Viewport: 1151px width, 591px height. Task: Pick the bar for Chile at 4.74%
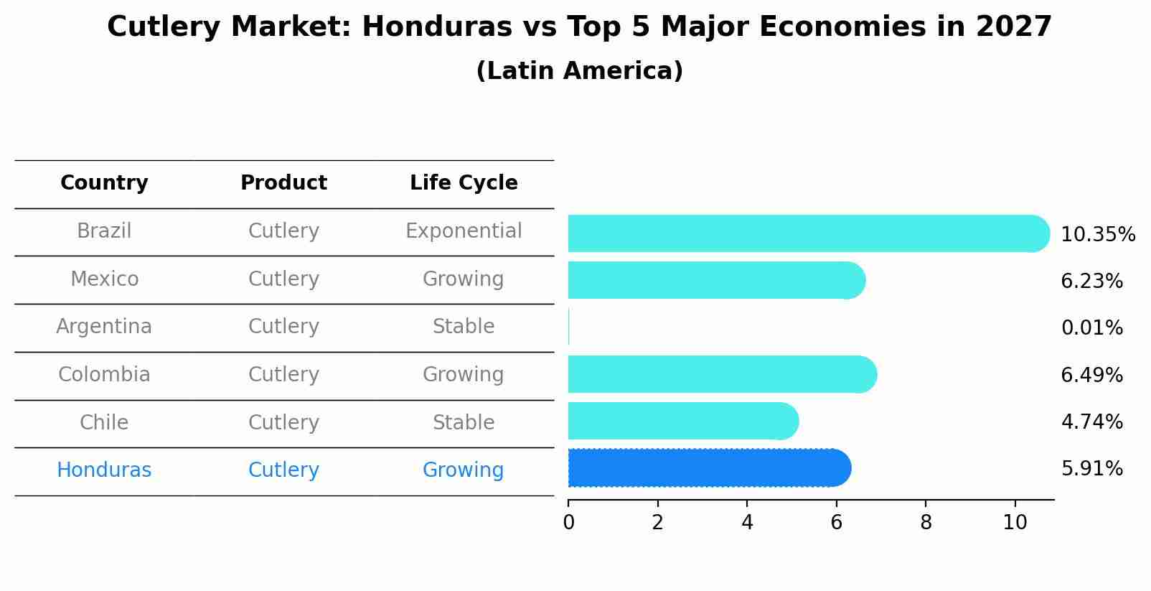682,421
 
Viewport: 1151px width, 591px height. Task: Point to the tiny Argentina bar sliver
569,327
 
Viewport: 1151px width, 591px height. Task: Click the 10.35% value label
1097,235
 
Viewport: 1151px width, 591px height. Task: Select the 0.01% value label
1091,328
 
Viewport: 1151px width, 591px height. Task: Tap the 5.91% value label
1091,469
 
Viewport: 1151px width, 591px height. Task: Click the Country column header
104,183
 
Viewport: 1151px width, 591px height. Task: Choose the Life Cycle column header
464,183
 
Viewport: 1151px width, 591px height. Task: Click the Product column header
283,183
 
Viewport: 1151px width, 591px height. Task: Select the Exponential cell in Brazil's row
464,231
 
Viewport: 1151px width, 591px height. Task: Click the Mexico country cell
104,279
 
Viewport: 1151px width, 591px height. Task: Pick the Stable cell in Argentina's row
464,327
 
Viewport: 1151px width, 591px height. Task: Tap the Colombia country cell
104,375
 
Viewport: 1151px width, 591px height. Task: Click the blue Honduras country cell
104,470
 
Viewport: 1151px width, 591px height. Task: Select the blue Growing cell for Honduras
464,470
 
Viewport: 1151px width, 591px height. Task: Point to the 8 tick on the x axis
926,523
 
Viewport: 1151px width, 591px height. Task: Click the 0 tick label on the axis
569,523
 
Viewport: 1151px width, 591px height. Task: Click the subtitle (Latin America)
579,71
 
